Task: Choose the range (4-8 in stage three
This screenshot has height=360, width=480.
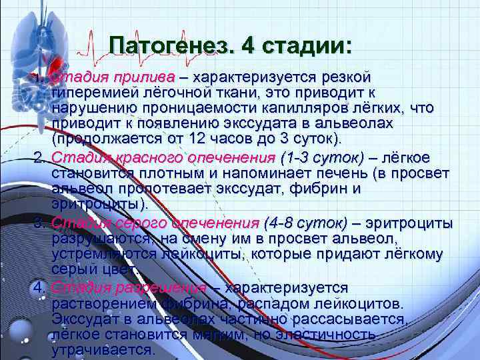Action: [280, 222]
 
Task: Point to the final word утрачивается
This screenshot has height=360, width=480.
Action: [103, 350]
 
